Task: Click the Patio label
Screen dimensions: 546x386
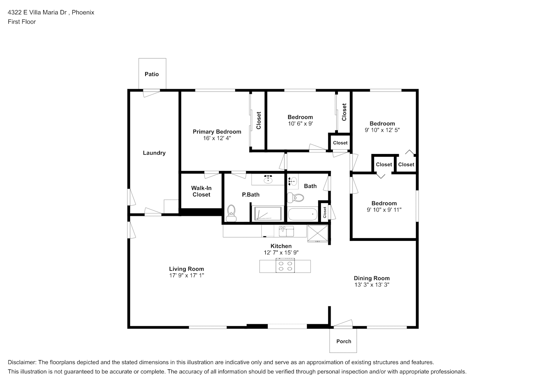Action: click(x=152, y=74)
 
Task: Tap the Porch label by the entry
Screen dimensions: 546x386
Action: click(x=344, y=341)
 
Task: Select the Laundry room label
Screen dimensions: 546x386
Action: click(x=154, y=153)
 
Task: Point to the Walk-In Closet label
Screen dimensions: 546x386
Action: click(x=201, y=191)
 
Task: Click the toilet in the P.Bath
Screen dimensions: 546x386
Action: click(x=231, y=213)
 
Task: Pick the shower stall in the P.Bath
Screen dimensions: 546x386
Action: click(x=268, y=213)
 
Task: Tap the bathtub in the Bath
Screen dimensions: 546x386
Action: click(x=303, y=214)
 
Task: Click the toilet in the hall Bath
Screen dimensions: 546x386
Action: click(x=295, y=198)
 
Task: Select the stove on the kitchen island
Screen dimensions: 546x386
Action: click(x=285, y=266)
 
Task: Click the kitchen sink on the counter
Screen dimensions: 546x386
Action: click(x=286, y=231)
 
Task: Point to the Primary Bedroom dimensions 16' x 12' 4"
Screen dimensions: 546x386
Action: click(x=217, y=138)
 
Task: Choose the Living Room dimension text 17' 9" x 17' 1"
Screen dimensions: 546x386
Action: click(x=187, y=275)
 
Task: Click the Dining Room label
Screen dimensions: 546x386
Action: click(x=372, y=278)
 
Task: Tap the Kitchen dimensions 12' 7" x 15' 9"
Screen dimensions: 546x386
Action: click(x=281, y=252)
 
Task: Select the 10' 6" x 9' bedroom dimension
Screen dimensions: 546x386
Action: click(x=300, y=124)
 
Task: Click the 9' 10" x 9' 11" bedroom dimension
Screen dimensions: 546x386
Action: click(x=384, y=210)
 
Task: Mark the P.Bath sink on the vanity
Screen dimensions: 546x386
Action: click(x=268, y=179)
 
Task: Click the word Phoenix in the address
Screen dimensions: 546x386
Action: click(x=83, y=12)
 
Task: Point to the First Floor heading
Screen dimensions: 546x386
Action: click(x=22, y=22)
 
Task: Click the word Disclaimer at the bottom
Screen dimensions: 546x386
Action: click(x=22, y=362)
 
